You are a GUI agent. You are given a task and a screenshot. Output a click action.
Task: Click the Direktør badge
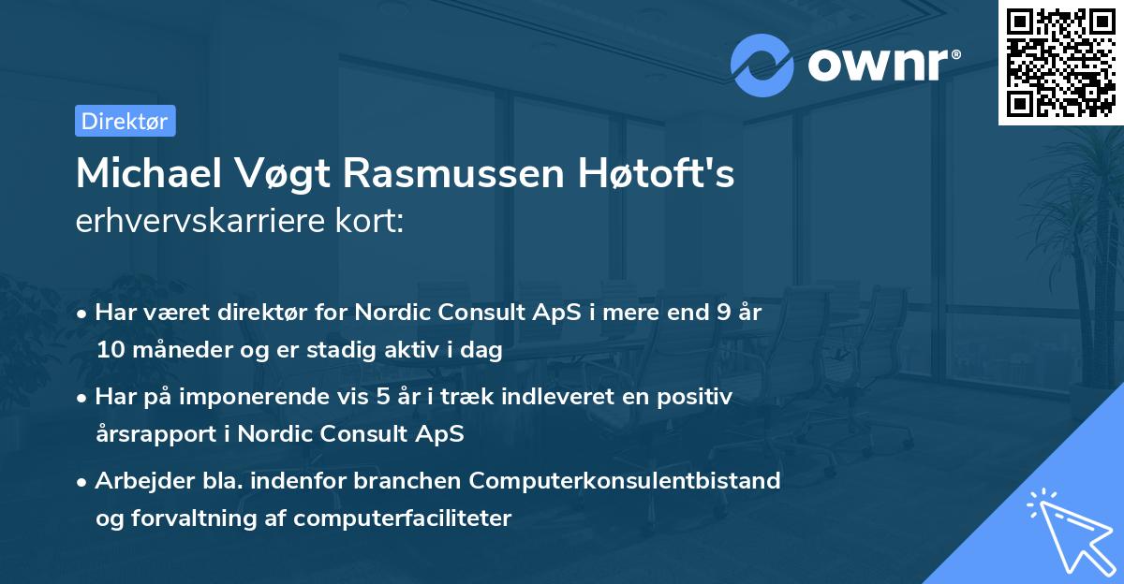(125, 121)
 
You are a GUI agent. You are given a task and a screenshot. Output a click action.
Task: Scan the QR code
(1060, 63)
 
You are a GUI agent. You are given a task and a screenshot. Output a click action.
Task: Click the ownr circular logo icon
(762, 66)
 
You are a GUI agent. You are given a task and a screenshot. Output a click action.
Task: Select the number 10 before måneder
(109, 351)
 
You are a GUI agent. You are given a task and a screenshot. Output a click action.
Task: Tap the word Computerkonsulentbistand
(625, 481)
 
